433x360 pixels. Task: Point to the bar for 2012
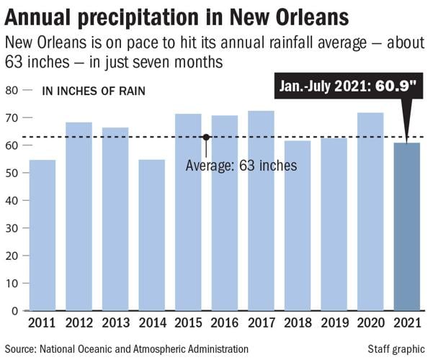pos(79,217)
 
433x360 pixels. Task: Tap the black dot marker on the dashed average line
pos(206,137)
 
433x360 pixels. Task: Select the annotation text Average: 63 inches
pos(241,166)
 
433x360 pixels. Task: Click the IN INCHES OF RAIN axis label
pos(94,91)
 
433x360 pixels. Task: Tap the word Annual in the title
pos(35,16)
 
